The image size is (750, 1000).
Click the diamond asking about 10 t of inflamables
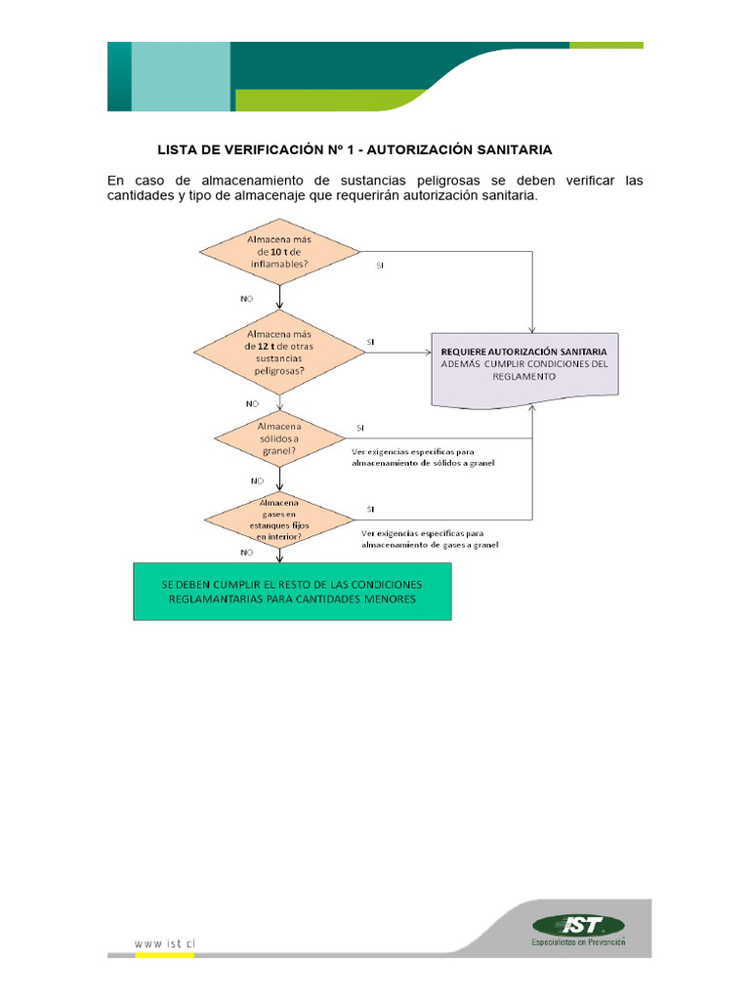[x=279, y=252]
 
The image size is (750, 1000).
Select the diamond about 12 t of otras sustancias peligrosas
[x=279, y=352]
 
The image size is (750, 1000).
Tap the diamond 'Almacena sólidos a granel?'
[x=279, y=438]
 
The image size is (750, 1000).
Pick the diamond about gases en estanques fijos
[x=279, y=519]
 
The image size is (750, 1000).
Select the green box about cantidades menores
[x=293, y=591]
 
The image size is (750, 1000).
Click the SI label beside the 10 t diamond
[x=381, y=265]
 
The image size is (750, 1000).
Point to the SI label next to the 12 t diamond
[x=370, y=342]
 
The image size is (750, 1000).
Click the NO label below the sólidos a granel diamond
[x=257, y=480]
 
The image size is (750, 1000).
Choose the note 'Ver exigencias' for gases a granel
[x=430, y=539]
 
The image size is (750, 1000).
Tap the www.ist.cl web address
[x=163, y=944]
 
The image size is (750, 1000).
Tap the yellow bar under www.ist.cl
[x=164, y=955]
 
